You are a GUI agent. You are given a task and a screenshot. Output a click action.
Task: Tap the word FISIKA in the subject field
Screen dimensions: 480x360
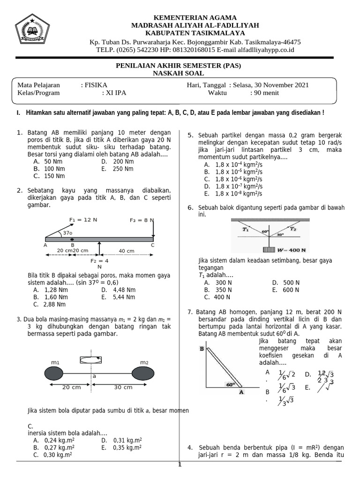[96, 85]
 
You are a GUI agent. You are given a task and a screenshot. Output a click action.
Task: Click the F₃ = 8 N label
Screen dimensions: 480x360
[142, 219]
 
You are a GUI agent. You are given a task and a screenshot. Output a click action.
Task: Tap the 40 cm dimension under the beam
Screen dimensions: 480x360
[126, 251]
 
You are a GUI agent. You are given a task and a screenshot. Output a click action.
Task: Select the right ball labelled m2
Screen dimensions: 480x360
[143, 374]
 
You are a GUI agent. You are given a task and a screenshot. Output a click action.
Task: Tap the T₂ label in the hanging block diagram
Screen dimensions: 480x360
[293, 229]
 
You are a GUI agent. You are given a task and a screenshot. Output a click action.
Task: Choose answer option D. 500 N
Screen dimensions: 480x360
[285, 283]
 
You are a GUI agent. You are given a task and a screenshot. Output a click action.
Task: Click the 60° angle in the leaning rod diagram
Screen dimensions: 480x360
[230, 384]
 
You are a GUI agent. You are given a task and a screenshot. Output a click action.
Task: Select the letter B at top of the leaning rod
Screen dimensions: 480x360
[201, 349]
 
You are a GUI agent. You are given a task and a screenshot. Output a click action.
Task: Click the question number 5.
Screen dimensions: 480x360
[191, 135]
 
